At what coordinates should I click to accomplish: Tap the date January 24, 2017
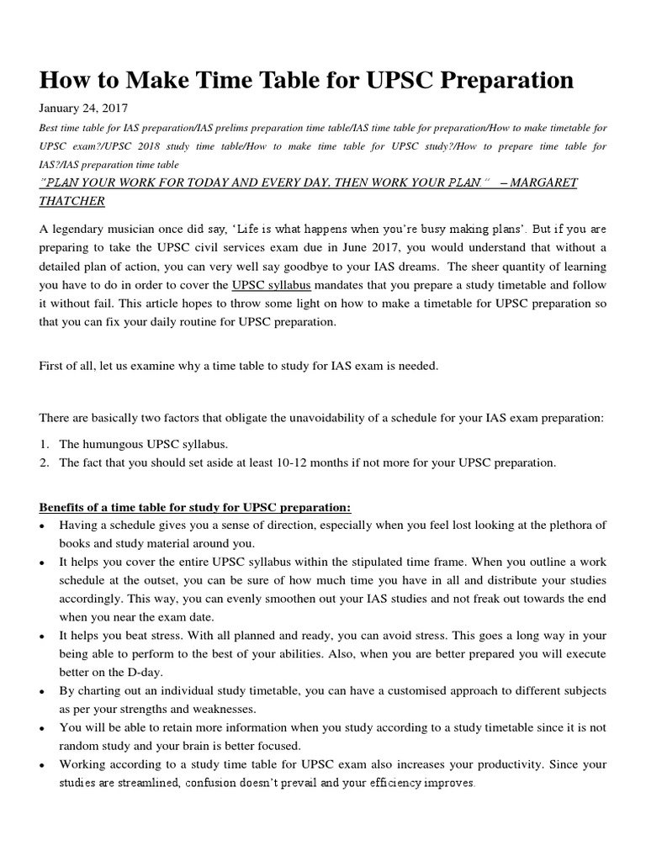[83, 108]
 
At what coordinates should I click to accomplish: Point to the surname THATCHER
[71, 202]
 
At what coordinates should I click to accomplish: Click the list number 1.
[44, 443]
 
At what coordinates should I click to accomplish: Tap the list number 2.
[44, 462]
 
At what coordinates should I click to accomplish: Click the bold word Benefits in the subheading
[64, 507]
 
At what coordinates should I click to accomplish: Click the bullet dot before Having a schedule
[43, 526]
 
